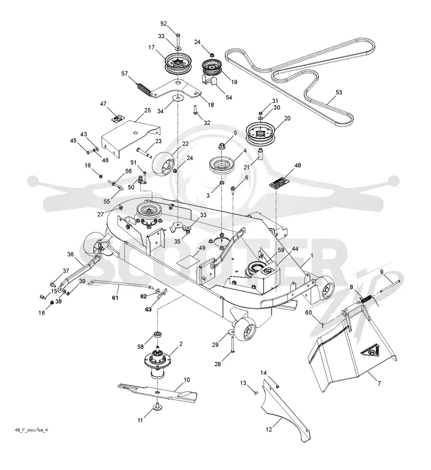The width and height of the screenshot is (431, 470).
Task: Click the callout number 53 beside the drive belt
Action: pyautogui.click(x=339, y=92)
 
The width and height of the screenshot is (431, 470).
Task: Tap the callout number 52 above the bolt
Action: pyautogui.click(x=163, y=24)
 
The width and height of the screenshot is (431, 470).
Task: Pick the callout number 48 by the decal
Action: pyautogui.click(x=297, y=165)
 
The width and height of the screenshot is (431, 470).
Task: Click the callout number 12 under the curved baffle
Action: pyautogui.click(x=269, y=429)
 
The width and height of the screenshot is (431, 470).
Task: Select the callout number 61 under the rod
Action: pyautogui.click(x=115, y=298)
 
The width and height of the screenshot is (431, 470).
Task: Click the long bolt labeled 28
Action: pyautogui.click(x=232, y=344)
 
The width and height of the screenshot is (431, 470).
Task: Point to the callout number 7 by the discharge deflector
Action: pyautogui.click(x=379, y=383)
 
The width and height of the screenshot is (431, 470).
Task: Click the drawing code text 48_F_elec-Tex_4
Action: pyautogui.click(x=31, y=430)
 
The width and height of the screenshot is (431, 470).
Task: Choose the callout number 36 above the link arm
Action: pyautogui.click(x=70, y=255)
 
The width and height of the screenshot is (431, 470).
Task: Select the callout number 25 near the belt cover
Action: pyautogui.click(x=147, y=110)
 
